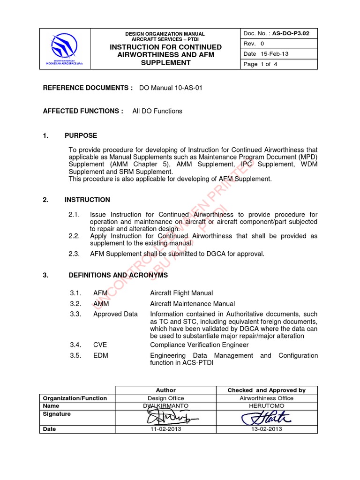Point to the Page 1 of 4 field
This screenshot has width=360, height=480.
(x=260, y=64)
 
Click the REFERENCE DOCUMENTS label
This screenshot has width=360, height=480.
(x=88, y=88)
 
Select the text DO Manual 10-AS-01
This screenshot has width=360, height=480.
(x=171, y=88)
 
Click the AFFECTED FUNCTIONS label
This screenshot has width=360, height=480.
(x=83, y=111)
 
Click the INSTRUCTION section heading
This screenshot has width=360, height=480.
(x=87, y=200)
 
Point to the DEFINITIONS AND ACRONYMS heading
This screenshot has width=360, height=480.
(x=118, y=275)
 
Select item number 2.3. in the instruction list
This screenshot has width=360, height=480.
(x=75, y=254)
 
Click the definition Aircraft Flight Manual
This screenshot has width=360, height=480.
(x=181, y=293)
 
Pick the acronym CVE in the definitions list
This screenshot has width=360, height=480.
(x=100, y=345)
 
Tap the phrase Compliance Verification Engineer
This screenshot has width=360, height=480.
(x=199, y=345)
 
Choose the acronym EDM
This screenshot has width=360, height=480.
(x=100, y=356)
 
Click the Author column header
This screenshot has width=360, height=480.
(x=165, y=390)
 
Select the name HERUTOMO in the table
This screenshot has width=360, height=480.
(x=266, y=406)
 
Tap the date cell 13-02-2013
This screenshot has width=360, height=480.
(x=266, y=429)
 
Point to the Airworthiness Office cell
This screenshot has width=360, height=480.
(x=266, y=398)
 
